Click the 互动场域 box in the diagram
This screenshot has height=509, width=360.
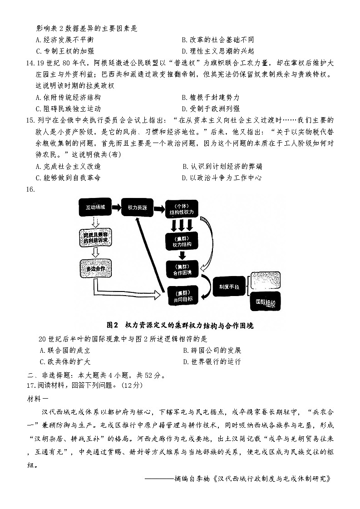coord(95,207)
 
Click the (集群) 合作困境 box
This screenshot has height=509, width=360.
coord(182,269)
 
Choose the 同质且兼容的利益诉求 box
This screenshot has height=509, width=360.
coord(95,237)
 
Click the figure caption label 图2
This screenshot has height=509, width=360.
coord(112,325)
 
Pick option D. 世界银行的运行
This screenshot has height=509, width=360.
coord(211,362)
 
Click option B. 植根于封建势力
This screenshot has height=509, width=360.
coord(210,97)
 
